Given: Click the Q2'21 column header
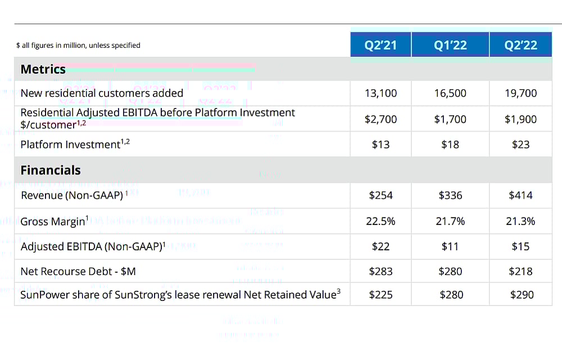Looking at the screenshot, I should tap(380, 46).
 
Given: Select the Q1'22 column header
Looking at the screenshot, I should tap(450, 46).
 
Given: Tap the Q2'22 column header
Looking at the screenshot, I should tap(521, 46).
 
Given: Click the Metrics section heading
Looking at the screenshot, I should tap(43, 70).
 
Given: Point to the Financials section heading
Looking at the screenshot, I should tap(51, 170).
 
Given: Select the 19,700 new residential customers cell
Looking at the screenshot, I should tap(521, 93).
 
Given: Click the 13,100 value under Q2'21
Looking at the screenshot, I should tap(380, 93).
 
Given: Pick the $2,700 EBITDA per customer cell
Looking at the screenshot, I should tap(380, 119).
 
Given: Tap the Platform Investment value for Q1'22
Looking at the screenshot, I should tap(450, 145).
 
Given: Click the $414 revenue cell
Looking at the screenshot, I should tap(521, 196).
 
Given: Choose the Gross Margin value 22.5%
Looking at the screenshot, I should tap(380, 221).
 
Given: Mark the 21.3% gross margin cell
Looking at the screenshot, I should tap(521, 221).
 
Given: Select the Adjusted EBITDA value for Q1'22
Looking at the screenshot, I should tap(450, 246).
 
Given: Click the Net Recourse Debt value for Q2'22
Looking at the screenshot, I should tap(521, 272).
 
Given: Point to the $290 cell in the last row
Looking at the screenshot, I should tap(521, 294).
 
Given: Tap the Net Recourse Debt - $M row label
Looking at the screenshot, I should tap(78, 272).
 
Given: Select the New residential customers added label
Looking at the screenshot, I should tap(102, 93).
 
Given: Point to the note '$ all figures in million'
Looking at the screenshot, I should tap(78, 46).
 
